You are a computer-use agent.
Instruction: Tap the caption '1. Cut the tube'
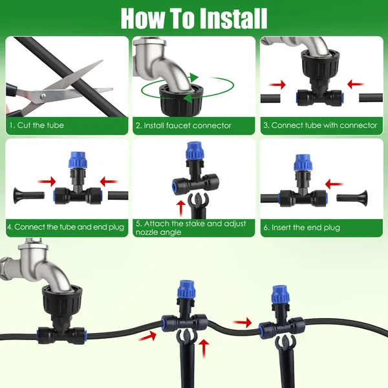(36, 125)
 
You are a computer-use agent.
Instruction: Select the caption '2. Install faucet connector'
(183, 125)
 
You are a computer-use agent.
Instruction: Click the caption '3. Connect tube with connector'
(319, 125)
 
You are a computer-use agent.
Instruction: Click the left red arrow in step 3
(277, 83)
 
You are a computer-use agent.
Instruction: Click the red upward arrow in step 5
(180, 208)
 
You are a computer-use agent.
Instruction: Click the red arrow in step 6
(334, 184)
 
